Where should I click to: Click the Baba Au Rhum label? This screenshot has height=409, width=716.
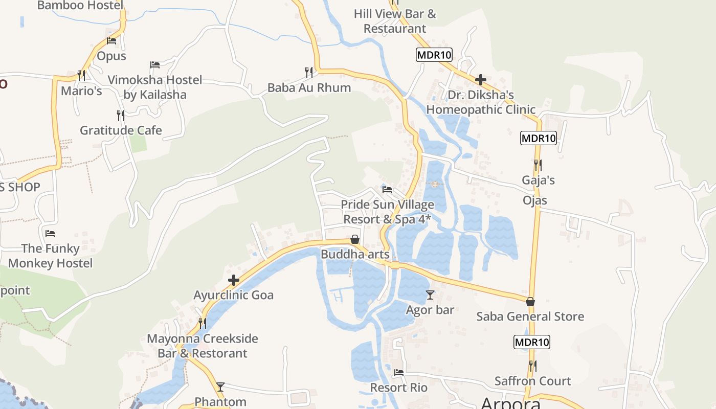coord(309,87)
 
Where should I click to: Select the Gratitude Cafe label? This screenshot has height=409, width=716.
coord(121,130)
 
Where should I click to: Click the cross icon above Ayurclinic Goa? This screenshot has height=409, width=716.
coord(234,280)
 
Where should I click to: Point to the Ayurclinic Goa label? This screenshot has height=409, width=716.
coord(233,295)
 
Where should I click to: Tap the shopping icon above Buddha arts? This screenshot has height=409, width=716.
coord(354,239)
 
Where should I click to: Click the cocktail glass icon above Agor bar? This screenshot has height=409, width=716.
coord(430,295)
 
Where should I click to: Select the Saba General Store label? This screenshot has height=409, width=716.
coord(530,316)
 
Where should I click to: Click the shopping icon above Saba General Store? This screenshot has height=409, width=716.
coord(530,302)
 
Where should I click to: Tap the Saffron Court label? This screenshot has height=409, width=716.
coord(532,381)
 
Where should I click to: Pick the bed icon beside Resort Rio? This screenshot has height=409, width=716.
coord(399,373)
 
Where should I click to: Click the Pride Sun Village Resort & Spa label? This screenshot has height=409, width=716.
coord(387,212)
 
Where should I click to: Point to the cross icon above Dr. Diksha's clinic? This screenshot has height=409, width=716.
coord(480,80)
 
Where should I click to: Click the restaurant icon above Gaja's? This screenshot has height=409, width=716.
coord(538,165)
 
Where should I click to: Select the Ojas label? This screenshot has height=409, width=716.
coord(534,200)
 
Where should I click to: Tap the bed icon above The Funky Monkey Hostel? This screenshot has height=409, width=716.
coord(50,234)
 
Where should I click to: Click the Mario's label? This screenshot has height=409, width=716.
coord(81,91)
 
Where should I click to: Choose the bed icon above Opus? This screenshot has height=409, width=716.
coord(111,41)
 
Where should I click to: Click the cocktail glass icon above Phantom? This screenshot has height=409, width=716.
coord(220,387)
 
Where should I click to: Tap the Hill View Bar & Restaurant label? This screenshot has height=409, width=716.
coord(395,21)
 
